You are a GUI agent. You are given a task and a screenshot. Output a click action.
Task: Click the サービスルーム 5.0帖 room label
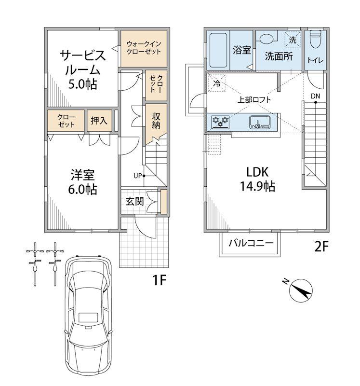point(82,70)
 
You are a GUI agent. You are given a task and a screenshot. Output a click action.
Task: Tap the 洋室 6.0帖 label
point(82,182)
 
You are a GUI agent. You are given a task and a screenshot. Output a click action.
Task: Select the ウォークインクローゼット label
point(144,48)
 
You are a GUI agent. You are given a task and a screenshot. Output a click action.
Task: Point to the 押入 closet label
point(99,121)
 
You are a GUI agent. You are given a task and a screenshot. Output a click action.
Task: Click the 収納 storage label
point(156,121)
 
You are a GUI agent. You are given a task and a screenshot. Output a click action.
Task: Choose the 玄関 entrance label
point(134,201)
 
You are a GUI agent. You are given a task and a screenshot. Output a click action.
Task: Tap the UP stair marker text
point(138,176)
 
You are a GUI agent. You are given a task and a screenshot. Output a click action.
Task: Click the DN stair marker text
point(315,96)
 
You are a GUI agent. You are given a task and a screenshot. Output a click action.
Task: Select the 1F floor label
point(160,280)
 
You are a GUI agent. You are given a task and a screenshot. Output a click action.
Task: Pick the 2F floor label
point(321,247)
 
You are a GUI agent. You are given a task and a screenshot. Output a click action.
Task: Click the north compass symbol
point(301,290)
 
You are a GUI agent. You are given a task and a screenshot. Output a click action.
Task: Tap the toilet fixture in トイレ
point(316,39)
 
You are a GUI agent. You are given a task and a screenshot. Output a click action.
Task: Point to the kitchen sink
point(260,122)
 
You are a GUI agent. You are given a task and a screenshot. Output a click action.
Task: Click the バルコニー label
point(251,243)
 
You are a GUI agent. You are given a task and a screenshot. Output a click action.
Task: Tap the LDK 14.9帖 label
point(257,179)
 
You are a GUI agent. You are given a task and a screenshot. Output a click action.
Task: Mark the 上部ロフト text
point(254,100)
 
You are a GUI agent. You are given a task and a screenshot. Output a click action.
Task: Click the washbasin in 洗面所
point(267,39)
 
